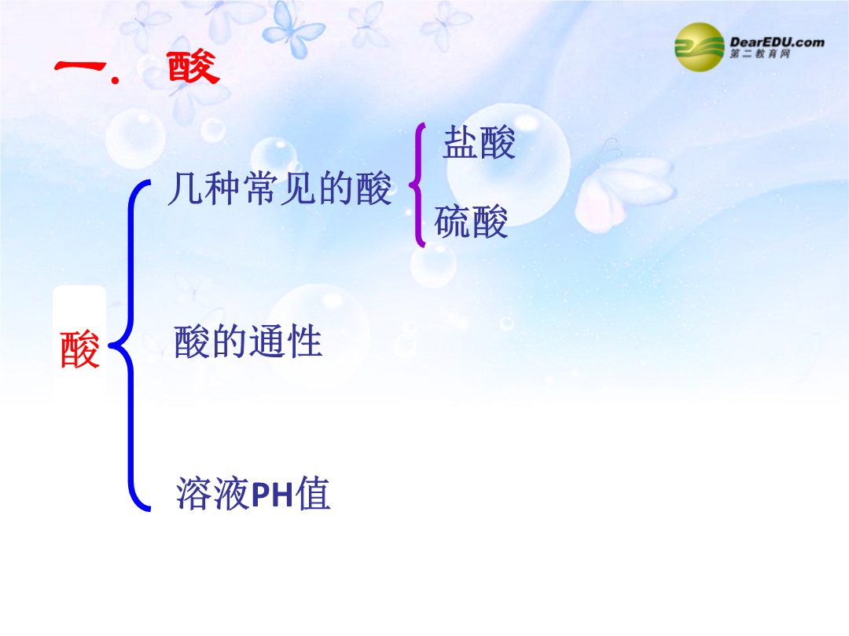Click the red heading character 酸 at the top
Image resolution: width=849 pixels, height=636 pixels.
[x=193, y=67]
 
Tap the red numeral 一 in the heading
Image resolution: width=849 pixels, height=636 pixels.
[x=80, y=67]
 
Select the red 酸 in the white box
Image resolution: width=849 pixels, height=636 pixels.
[x=80, y=349]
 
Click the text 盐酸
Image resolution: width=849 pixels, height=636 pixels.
[x=480, y=143]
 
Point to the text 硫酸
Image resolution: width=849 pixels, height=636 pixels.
[x=471, y=221]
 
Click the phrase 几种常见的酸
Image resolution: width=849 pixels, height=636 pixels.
[x=280, y=188]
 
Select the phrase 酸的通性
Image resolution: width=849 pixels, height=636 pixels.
[x=248, y=342]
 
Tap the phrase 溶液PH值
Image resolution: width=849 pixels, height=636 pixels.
[x=253, y=493]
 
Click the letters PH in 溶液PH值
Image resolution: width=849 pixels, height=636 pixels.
[x=273, y=495]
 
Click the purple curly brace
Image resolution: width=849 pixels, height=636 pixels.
[x=417, y=185]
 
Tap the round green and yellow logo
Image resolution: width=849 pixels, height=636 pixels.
[x=699, y=47]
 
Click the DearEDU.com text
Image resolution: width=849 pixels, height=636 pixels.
[x=777, y=42]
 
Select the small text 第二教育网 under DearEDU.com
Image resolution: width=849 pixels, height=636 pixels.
[x=759, y=53]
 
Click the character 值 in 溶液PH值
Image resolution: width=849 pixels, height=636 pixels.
[x=314, y=493]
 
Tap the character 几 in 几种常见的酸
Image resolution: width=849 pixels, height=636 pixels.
[x=186, y=188]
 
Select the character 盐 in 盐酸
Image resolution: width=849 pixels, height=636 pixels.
[x=460, y=143]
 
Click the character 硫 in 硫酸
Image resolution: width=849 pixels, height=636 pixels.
[x=452, y=221]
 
